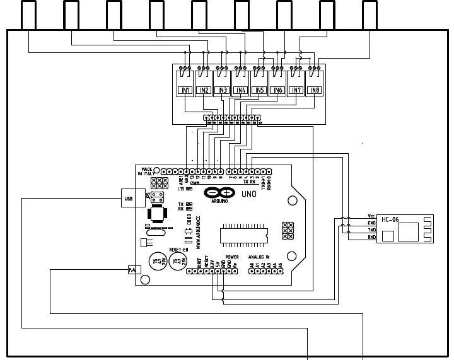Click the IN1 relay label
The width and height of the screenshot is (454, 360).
coord(185,90)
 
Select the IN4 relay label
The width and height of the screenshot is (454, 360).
coord(240,90)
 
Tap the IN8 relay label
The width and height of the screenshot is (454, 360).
coord(314,90)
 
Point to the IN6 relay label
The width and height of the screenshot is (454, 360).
coord(277,90)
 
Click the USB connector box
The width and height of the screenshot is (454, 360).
coord(129,199)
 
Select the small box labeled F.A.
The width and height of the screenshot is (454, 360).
coord(133,270)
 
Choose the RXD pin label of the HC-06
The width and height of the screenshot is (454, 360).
coord(371,237)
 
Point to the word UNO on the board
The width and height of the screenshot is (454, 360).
coord(248,194)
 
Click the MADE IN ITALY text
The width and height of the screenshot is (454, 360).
coord(146,171)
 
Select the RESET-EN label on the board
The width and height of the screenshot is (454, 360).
coord(161,250)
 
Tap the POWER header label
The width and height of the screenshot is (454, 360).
coord(231,257)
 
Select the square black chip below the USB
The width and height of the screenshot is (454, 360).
coord(156,214)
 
